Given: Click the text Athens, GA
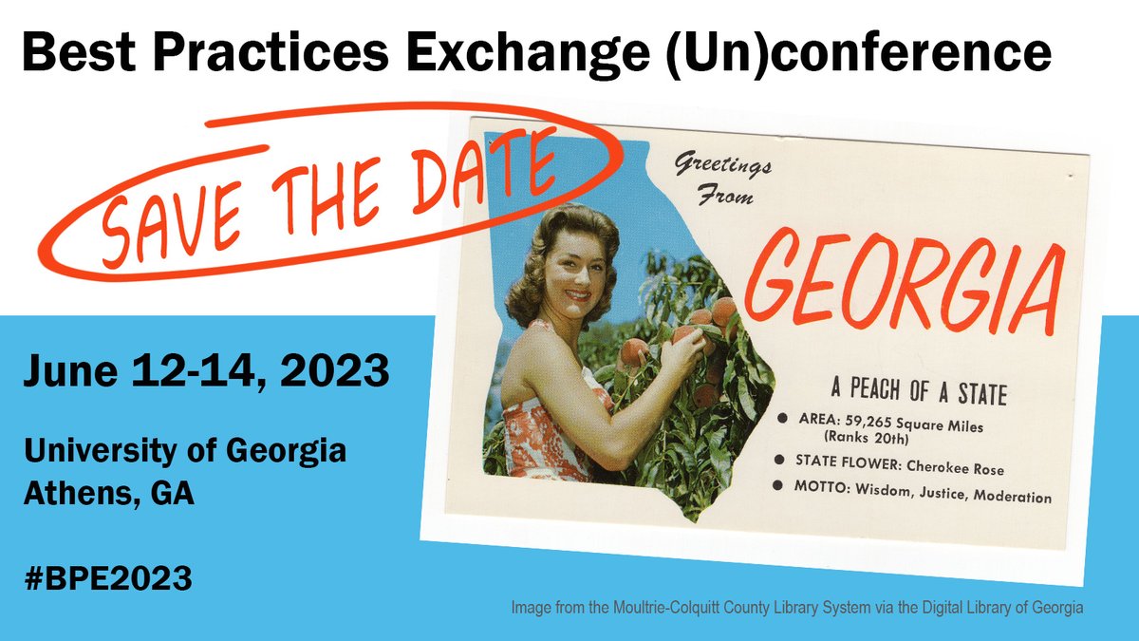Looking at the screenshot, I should [x=109, y=494].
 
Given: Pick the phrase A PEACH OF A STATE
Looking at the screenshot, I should [x=918, y=391].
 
